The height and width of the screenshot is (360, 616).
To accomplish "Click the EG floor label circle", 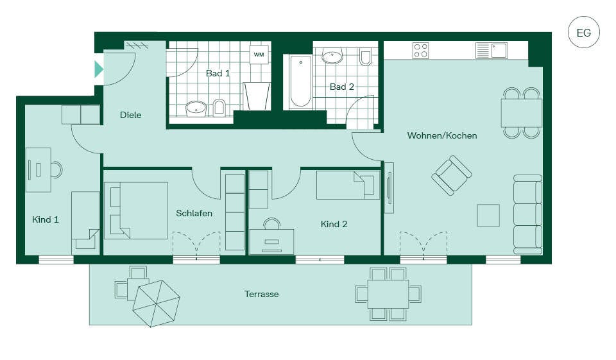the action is (x=584, y=32).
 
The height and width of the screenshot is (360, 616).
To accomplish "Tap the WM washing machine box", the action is (x=259, y=55).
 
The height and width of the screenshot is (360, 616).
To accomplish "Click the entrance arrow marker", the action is (x=99, y=69).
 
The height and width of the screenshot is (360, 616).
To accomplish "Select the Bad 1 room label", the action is (x=218, y=73).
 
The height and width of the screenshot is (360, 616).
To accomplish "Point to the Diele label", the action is (x=130, y=115).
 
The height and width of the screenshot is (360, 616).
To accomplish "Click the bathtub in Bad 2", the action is (x=301, y=81).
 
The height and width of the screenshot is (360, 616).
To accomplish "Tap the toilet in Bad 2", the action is (x=365, y=57).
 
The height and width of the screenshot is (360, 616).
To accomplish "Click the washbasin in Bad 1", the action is (x=196, y=107).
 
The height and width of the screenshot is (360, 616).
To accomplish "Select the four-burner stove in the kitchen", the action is (x=420, y=51).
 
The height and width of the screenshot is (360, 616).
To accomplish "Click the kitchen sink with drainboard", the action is (x=492, y=51).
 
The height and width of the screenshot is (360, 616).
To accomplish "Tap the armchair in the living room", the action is (x=451, y=175).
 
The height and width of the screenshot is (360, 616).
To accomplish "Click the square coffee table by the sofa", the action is (x=488, y=216).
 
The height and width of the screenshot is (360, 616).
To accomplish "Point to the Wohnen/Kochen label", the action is (x=442, y=135).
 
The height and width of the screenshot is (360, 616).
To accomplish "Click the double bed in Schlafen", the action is (x=137, y=210).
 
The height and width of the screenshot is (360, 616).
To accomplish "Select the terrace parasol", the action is (x=156, y=303).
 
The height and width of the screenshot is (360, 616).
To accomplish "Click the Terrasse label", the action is (x=261, y=294).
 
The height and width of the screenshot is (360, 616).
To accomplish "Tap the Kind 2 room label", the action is (x=334, y=224).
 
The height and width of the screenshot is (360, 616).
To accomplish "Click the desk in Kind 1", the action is (x=38, y=170).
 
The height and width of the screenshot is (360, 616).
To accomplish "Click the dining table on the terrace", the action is (x=388, y=294).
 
